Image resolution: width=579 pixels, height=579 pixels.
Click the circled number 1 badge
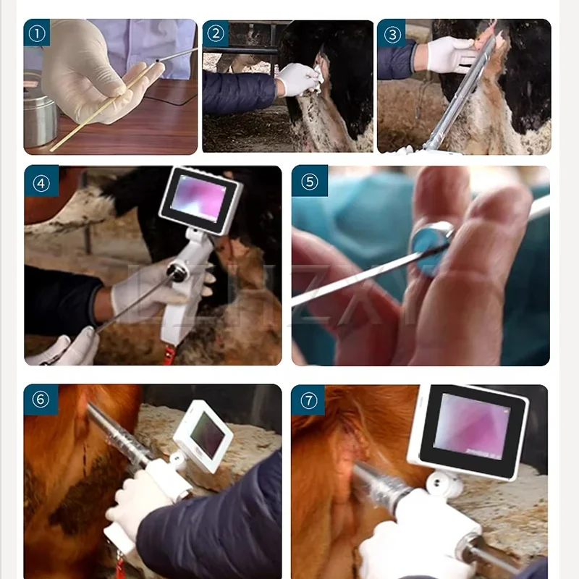(x=37, y=33)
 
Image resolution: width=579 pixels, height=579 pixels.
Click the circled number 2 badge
(x=215, y=33)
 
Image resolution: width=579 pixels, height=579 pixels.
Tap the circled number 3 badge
(x=392, y=33)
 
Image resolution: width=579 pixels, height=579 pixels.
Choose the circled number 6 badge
(x=41, y=400)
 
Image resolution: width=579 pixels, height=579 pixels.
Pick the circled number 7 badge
(x=309, y=400)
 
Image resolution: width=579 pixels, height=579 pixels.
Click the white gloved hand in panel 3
(x=449, y=55)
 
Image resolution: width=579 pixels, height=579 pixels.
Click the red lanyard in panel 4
(x=168, y=355)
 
